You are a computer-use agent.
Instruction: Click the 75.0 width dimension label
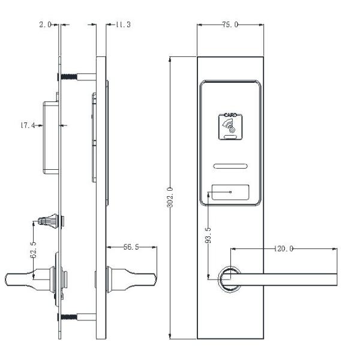[x=230, y=25]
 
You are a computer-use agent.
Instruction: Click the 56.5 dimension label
[x=131, y=247]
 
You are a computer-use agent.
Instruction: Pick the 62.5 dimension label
[x=34, y=247]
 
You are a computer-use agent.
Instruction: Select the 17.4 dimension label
[x=28, y=125]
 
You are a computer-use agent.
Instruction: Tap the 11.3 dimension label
[x=122, y=25]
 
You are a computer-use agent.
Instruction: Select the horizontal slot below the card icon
[x=230, y=166]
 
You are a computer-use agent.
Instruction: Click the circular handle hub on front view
[x=227, y=279]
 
